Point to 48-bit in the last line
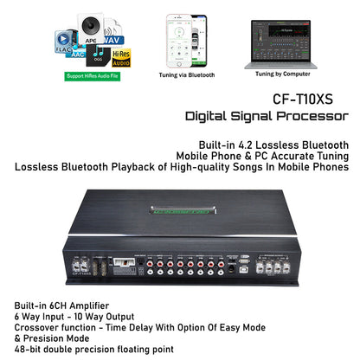coord(30,349)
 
